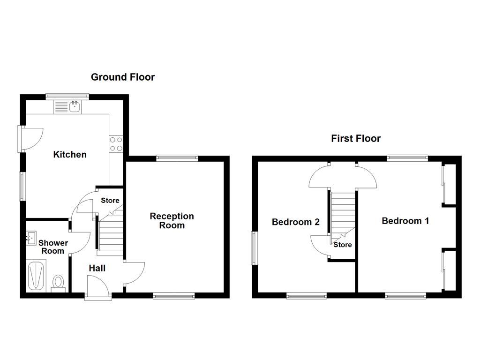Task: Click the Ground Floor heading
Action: [x=122, y=77]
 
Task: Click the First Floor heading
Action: [x=356, y=138]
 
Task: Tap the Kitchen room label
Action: [x=70, y=154]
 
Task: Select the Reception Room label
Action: [x=172, y=221]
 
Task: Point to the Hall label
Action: [x=97, y=268]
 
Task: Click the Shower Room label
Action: [x=53, y=247]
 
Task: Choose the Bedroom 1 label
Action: [x=405, y=221]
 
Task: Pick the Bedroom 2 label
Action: [x=296, y=222]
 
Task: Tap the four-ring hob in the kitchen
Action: [x=116, y=144]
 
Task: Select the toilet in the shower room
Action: [x=59, y=283]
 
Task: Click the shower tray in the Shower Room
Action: [x=36, y=277]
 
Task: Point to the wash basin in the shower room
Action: [x=31, y=238]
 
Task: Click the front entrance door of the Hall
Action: [x=98, y=286]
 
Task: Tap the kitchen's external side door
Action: [x=31, y=138]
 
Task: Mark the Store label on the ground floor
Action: [x=110, y=201]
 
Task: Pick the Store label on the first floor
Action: [x=342, y=245]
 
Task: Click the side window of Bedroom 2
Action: [x=254, y=248]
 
